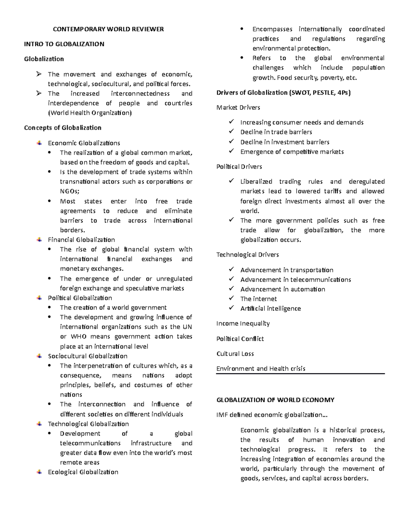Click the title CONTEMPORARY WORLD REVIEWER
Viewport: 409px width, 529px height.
click(x=108, y=29)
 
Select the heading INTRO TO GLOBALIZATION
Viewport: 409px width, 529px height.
click(x=64, y=44)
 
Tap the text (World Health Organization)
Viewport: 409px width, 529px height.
click(x=90, y=113)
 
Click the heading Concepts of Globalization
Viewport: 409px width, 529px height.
click(x=63, y=128)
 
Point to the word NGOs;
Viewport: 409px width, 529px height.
click(x=70, y=191)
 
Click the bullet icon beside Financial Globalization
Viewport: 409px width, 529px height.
click(x=40, y=239)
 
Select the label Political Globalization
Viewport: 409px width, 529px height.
click(x=80, y=298)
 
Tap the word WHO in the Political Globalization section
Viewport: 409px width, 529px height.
click(x=78, y=337)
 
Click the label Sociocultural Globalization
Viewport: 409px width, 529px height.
click(x=88, y=356)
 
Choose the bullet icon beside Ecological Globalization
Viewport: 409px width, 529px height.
click(x=40, y=472)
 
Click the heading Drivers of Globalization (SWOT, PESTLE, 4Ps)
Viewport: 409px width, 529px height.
click(x=284, y=93)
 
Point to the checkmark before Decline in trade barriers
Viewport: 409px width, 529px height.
click(x=232, y=131)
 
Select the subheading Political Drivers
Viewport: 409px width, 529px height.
click(x=239, y=167)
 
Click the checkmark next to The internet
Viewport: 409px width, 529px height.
click(x=232, y=298)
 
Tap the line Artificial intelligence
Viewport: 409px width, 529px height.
click(x=270, y=308)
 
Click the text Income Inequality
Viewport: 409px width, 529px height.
click(x=243, y=323)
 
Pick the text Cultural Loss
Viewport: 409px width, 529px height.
click(x=235, y=354)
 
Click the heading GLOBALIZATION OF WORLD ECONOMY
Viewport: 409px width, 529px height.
click(x=275, y=400)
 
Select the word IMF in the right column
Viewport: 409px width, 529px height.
click(x=222, y=415)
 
